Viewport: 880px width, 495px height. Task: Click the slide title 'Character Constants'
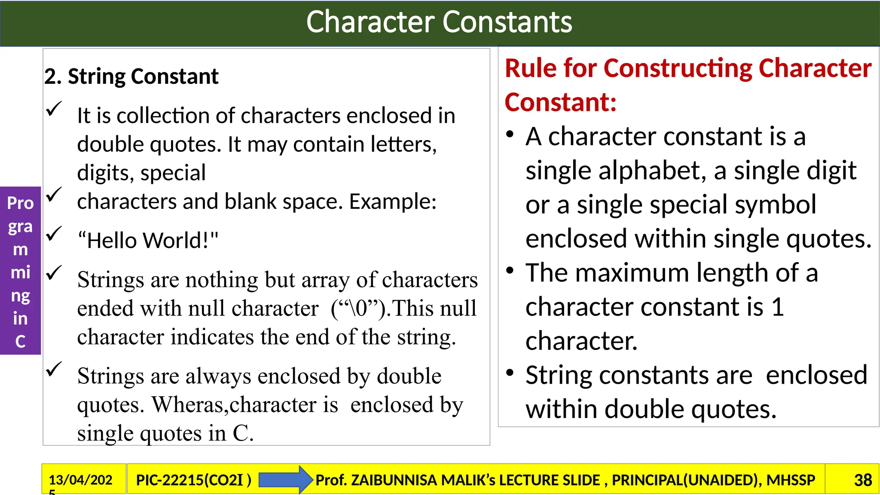pos(439,22)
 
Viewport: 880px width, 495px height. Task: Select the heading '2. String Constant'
pos(131,76)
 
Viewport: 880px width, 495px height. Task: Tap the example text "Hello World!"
pos(148,240)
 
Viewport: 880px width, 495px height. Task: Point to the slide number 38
pos(862,480)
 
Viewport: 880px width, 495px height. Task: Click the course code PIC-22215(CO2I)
pos(193,480)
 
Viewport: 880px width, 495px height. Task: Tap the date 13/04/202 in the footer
pos(80,480)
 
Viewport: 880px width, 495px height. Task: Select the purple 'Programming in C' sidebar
pos(20,271)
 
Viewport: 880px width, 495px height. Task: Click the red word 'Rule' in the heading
pos(529,68)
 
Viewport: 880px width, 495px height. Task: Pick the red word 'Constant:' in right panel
pos(560,102)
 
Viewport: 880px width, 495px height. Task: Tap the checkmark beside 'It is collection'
pos(54,109)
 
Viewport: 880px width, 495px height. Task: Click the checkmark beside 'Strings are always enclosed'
pos(54,369)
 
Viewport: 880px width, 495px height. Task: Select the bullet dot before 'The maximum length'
pos(510,271)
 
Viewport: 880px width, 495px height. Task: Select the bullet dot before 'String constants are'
pos(510,373)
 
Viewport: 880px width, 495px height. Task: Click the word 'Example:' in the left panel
pos(393,201)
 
